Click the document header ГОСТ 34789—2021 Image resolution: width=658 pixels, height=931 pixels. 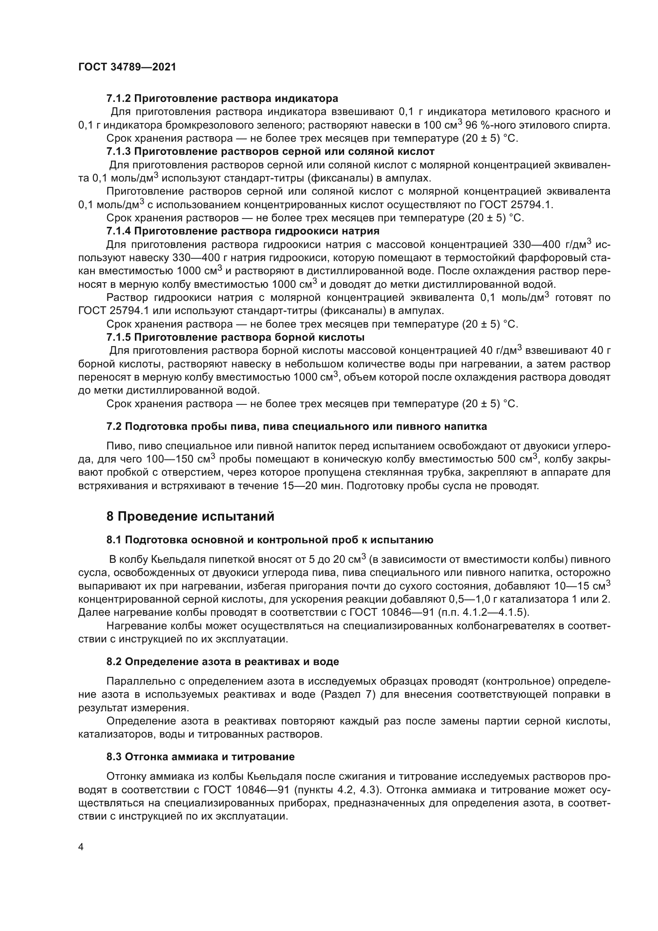click(127, 67)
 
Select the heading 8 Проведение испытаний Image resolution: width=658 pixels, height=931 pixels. click(191, 516)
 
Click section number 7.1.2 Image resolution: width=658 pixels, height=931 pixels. click(119, 98)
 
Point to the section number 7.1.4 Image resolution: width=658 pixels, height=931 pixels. click(119, 231)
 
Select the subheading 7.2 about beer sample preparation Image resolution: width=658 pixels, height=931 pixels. click(297, 426)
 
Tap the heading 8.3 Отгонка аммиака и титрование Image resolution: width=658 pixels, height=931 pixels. click(201, 757)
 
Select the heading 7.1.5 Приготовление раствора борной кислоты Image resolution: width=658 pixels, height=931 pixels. click(236, 338)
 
